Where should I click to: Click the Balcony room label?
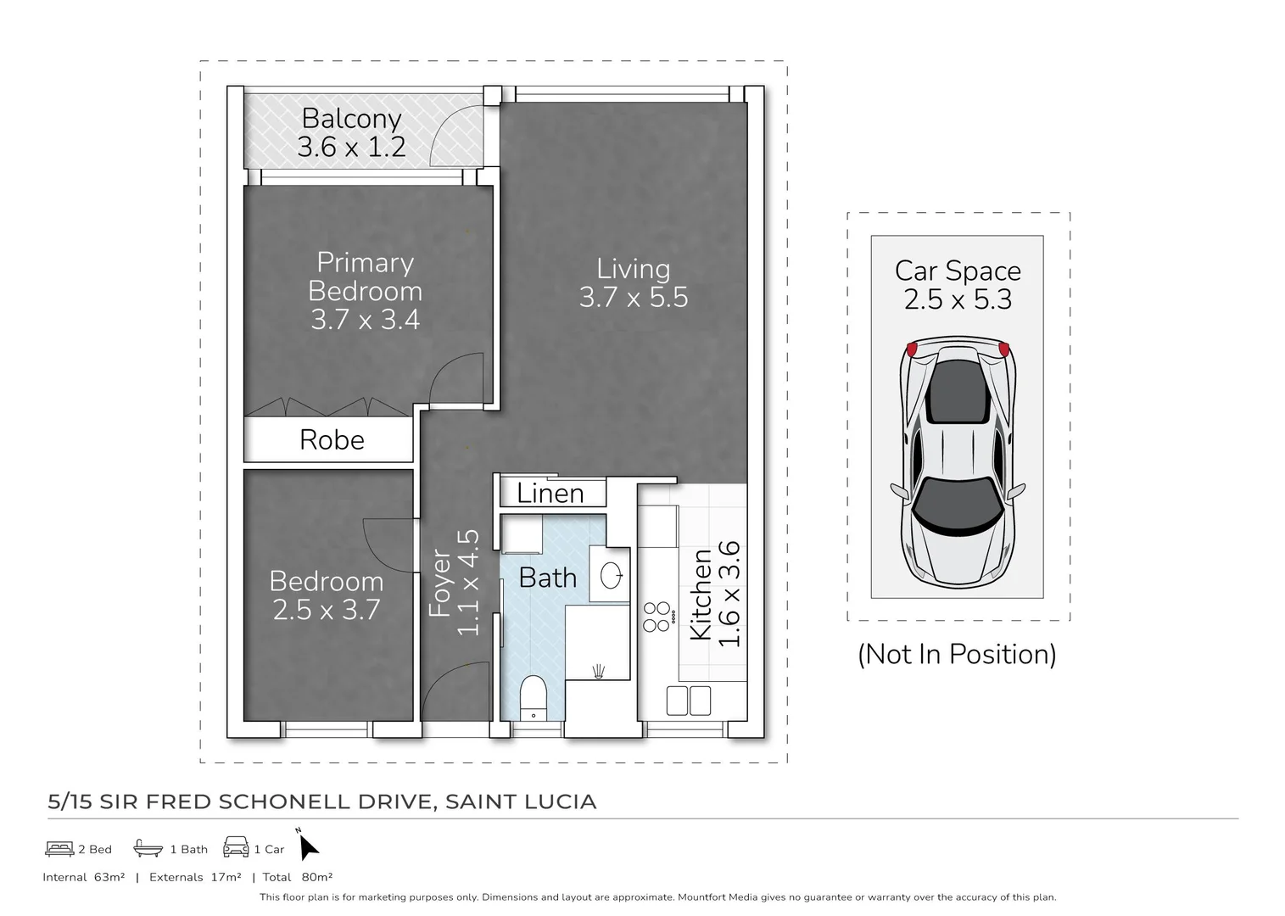tap(351, 118)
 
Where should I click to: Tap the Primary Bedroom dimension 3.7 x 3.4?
tap(365, 320)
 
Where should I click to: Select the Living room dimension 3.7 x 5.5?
tap(633, 298)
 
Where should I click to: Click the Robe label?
tap(332, 440)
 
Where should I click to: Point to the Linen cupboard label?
tap(550, 494)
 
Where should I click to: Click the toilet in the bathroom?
tap(533, 695)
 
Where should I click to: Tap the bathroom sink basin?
tap(611, 576)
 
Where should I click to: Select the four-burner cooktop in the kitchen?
tap(656, 617)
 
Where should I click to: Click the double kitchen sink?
tap(688, 701)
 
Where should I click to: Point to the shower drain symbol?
tap(599, 671)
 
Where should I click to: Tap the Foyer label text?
tap(439, 583)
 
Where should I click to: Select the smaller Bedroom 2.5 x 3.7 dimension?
tap(327, 610)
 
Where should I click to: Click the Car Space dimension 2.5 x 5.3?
tap(958, 300)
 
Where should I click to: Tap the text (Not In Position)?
tap(957, 655)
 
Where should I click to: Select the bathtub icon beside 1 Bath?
tap(148, 848)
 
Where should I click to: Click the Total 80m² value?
tap(316, 878)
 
